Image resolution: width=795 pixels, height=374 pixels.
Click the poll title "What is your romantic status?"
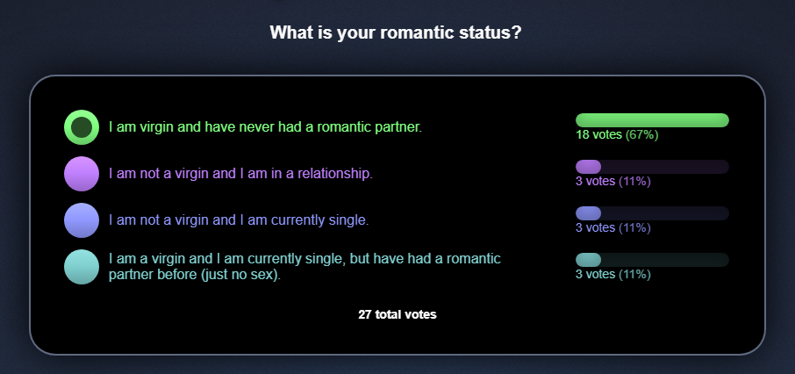click(396, 33)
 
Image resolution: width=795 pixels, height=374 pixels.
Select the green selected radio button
click(81, 127)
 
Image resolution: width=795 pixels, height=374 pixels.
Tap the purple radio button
click(81, 174)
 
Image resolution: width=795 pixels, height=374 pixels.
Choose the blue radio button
click(81, 220)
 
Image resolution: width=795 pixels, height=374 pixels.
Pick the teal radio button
click(81, 267)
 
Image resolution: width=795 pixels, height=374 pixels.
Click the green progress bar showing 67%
click(652, 120)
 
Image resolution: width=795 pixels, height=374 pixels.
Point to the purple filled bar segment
click(588, 167)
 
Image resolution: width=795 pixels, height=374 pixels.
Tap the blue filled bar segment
click(588, 213)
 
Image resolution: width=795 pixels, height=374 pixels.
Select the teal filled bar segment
click(588, 260)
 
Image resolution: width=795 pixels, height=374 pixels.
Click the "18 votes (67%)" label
click(617, 135)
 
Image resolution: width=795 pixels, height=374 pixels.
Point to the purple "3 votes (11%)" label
click(613, 182)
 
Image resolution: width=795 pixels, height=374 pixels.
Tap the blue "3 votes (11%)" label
click(613, 228)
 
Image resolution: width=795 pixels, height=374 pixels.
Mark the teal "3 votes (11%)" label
click(613, 275)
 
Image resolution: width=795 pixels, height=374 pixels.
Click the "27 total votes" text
click(397, 314)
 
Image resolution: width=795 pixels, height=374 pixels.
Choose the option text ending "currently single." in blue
click(239, 220)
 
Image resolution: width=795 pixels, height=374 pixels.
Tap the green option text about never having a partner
click(265, 127)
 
